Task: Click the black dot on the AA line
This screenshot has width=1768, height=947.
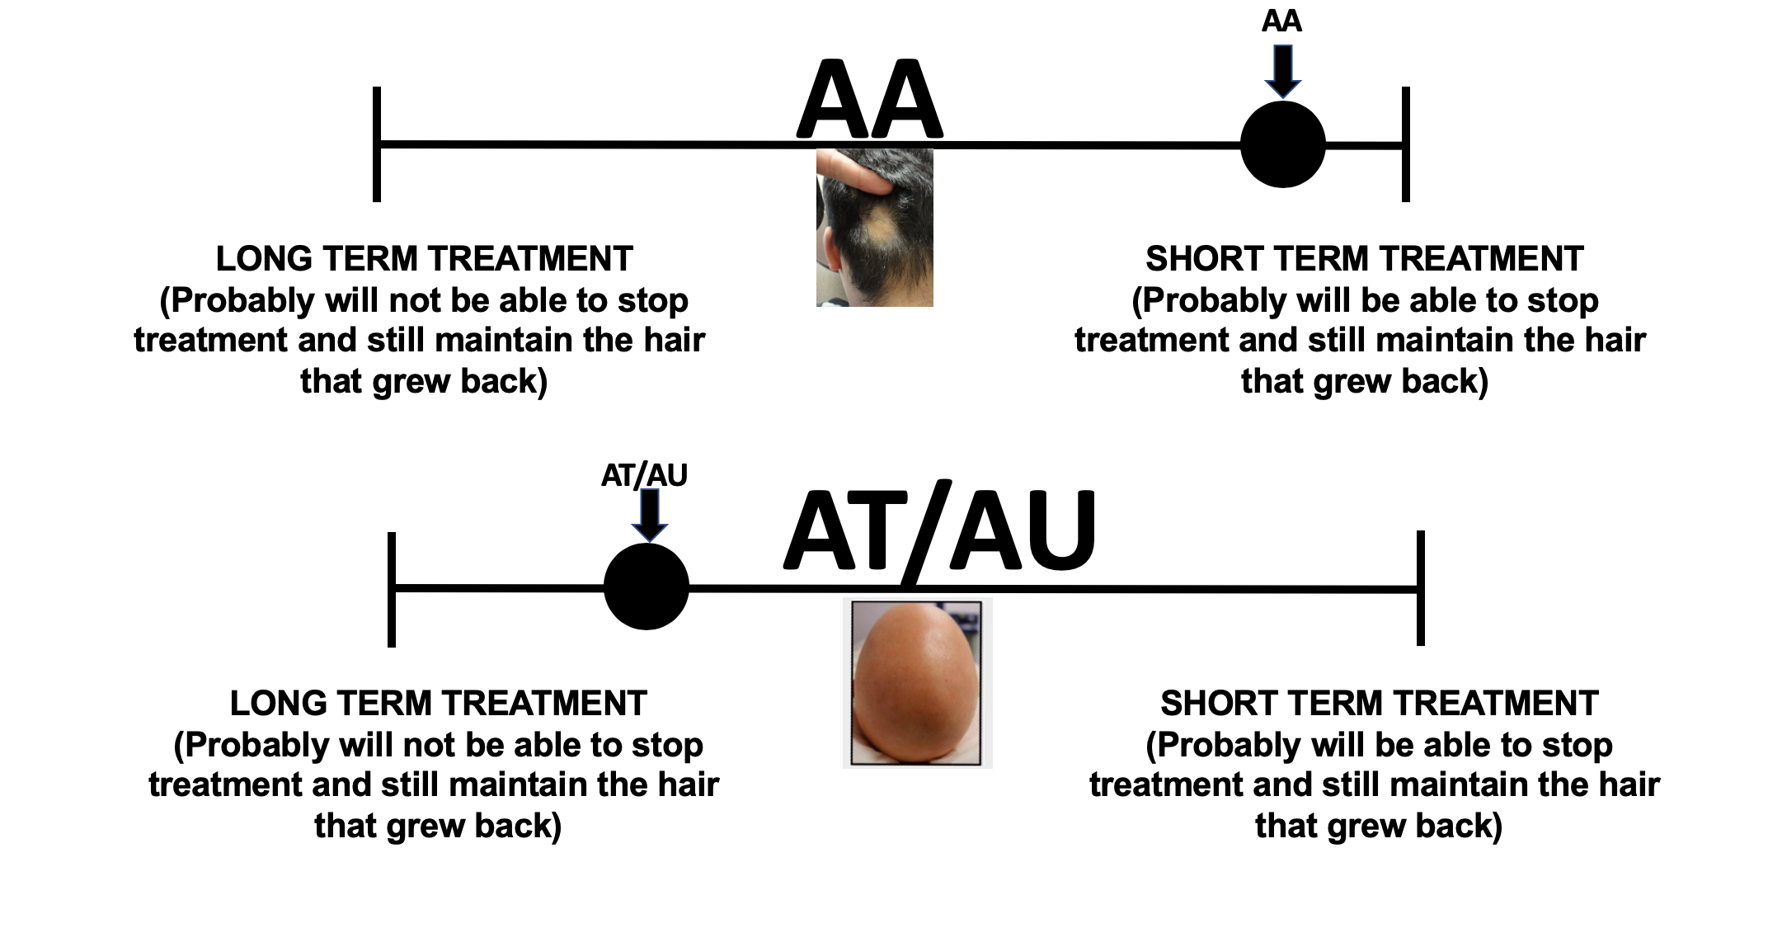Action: (1282, 145)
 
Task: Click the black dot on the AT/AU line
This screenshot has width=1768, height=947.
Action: (646, 587)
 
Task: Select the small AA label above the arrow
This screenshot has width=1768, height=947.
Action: (1281, 21)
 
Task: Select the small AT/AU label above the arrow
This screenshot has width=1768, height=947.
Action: (644, 475)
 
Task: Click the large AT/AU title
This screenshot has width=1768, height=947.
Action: (940, 532)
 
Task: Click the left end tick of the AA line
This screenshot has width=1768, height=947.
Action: (377, 144)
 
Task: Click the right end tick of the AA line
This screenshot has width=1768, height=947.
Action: (1406, 144)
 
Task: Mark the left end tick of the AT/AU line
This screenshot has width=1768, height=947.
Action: (392, 588)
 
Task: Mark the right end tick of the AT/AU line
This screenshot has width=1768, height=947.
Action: (1421, 588)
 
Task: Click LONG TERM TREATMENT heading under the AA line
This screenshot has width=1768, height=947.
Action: (424, 259)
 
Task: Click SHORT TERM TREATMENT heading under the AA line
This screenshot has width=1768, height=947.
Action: (1364, 259)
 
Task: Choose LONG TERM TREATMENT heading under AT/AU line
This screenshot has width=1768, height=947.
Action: (438, 704)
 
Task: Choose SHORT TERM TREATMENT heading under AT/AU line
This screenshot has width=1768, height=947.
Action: (1379, 704)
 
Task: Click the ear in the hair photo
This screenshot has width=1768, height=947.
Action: (828, 256)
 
